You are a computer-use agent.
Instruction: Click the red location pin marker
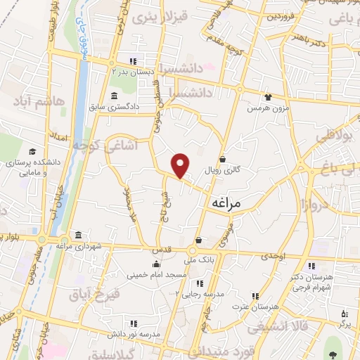[x=181, y=165]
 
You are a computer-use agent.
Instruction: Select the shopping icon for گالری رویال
[x=222, y=159]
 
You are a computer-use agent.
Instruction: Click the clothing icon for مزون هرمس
[x=267, y=97]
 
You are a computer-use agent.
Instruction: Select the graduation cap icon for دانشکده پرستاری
[x=32, y=152]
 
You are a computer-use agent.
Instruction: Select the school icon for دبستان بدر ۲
[x=133, y=61]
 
